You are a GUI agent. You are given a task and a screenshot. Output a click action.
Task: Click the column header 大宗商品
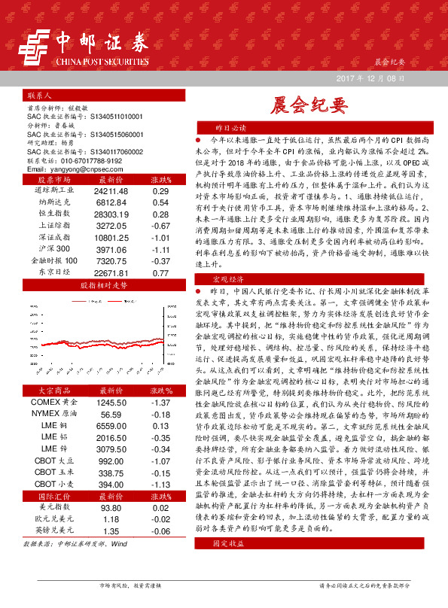[57, 391]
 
